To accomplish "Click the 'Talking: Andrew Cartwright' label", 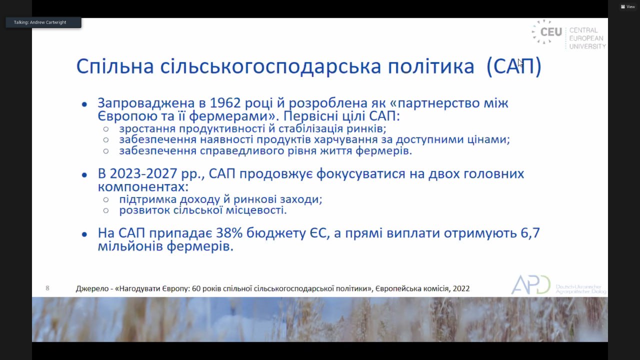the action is [40, 22].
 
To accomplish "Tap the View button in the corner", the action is [627, 6].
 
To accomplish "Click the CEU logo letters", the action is [551, 32].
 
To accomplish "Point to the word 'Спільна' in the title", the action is [115, 67].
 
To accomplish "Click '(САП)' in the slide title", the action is [513, 66].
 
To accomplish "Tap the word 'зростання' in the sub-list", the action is [147, 129].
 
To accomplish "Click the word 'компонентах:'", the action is [143, 187].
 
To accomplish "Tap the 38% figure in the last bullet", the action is [229, 233].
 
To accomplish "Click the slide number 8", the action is [47, 288].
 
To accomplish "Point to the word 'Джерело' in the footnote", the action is [92, 288].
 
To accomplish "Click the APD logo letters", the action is [530, 284].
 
